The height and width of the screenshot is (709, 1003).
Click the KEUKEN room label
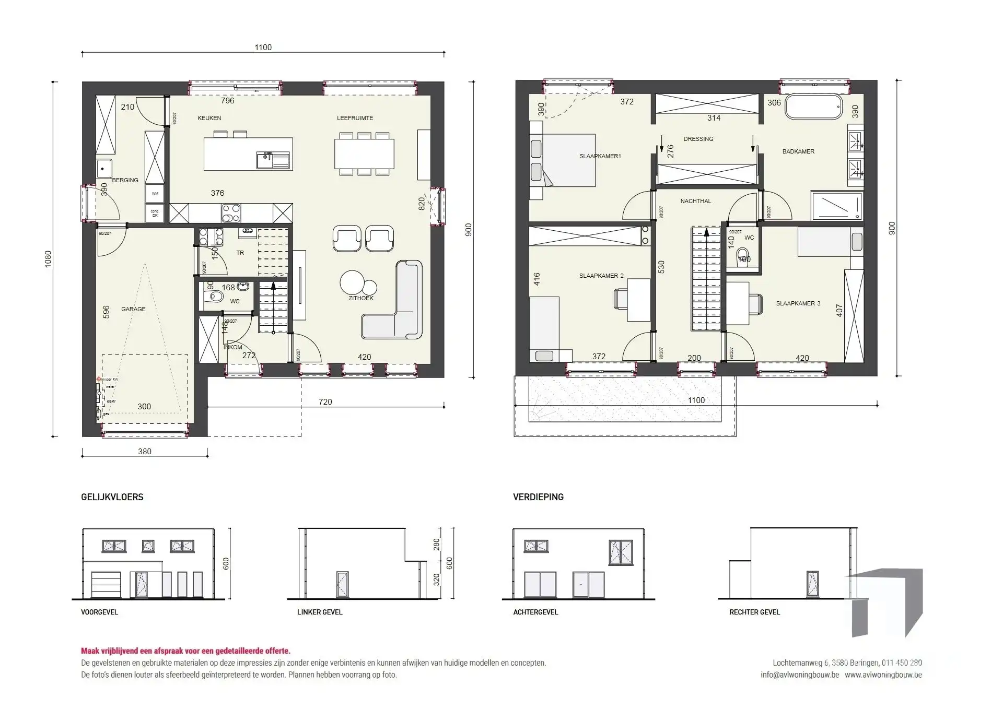[x=209, y=118]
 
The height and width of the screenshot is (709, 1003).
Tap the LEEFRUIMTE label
[x=355, y=118]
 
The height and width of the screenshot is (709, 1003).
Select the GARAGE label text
[x=133, y=309]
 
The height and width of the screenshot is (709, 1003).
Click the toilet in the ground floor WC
[x=213, y=298]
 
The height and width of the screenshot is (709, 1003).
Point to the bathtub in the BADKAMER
[x=813, y=107]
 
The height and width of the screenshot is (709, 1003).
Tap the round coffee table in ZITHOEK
[x=352, y=282]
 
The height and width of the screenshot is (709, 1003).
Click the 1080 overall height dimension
[x=48, y=259]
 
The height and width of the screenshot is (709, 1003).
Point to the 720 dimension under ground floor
[x=325, y=401]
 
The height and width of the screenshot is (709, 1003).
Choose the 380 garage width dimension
[x=144, y=452]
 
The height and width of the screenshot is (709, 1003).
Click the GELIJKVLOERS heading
[x=112, y=497]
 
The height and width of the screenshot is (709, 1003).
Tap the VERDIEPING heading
[x=538, y=497]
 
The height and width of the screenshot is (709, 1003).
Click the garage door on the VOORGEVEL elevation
[x=106, y=585]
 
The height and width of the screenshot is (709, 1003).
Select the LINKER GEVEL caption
[x=320, y=612]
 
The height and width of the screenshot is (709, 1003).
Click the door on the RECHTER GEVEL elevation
[x=812, y=584]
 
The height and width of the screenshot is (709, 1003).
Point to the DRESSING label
[x=698, y=139]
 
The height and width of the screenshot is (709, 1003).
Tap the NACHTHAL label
[x=695, y=201]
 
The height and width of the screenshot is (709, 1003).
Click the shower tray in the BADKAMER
[x=836, y=205]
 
